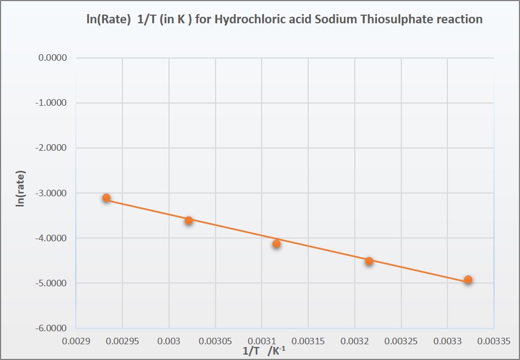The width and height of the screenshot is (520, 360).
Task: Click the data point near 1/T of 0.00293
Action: coord(107,198)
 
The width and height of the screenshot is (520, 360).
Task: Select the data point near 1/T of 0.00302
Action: coord(188,220)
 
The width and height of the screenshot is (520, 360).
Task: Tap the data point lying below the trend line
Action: coord(276,244)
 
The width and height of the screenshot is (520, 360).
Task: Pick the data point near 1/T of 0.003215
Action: coord(369,261)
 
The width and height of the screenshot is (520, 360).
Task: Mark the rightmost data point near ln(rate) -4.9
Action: coord(468,280)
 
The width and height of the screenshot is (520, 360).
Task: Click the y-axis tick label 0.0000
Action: coord(52,58)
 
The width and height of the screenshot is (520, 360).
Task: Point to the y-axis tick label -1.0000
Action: coord(51,103)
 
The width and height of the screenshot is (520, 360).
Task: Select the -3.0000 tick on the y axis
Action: coord(51,193)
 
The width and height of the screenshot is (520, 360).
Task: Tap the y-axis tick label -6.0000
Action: coord(51,328)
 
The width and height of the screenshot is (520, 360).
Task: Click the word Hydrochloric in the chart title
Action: coord(248,20)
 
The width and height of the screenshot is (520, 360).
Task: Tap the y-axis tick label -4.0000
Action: coord(51,238)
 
